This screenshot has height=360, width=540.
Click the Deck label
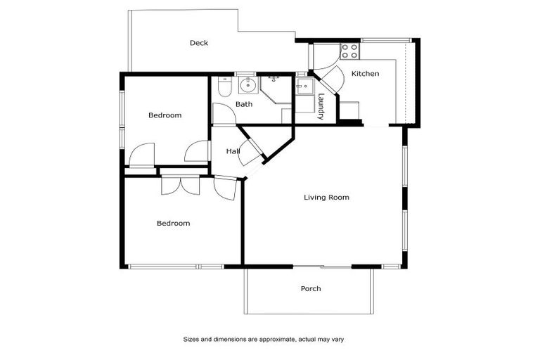coord(199,44)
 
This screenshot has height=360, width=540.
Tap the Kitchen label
coord(365,74)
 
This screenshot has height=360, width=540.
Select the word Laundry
coord(321,106)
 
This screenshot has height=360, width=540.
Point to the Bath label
coord(244,105)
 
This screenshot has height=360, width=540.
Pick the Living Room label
coord(326,198)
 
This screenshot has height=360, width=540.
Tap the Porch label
coord(311,289)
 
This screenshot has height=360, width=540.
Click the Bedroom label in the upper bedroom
coord(165,115)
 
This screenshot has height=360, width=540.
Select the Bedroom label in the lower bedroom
coord(173,224)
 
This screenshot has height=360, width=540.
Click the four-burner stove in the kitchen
coord(349,51)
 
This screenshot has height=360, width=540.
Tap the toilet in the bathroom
coord(224,87)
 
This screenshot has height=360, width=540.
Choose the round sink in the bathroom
coord(247,86)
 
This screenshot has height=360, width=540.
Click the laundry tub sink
coord(304,87)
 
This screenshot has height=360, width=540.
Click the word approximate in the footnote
coord(278,339)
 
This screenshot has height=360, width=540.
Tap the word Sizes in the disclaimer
coord(192,339)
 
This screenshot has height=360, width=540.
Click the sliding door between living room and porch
coord(322,266)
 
